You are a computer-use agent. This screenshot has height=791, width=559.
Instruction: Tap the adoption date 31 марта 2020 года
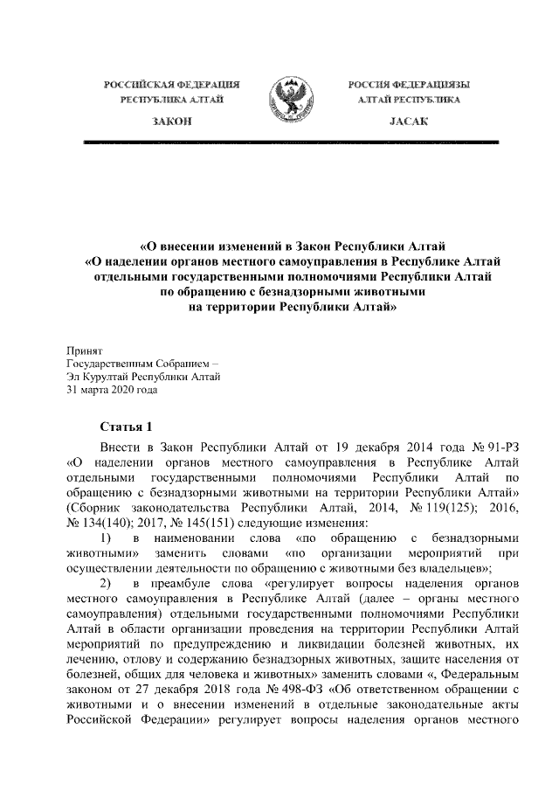click(112, 391)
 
